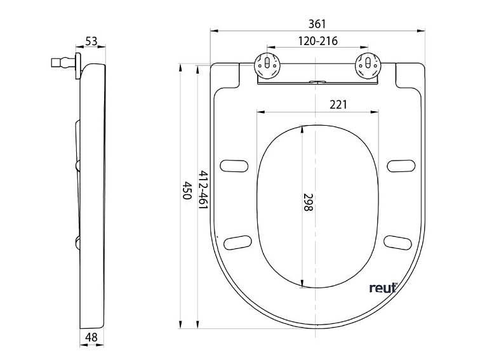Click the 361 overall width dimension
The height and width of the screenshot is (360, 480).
(317, 23)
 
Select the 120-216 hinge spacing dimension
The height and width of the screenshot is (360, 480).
(317, 41)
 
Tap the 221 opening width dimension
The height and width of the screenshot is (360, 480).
(338, 105)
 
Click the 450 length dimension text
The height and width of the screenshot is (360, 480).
(187, 190)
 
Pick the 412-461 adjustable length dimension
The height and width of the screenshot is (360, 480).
(203, 190)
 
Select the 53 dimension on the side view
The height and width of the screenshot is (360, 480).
(91, 41)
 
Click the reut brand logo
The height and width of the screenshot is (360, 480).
(383, 288)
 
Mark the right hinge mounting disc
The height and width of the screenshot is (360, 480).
(368, 65)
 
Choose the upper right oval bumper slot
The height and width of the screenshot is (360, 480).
(401, 165)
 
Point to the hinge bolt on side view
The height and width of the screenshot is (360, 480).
(62, 63)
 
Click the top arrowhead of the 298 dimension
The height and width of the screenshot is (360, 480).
(302, 128)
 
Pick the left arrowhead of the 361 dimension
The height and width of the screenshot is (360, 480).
(214, 30)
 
